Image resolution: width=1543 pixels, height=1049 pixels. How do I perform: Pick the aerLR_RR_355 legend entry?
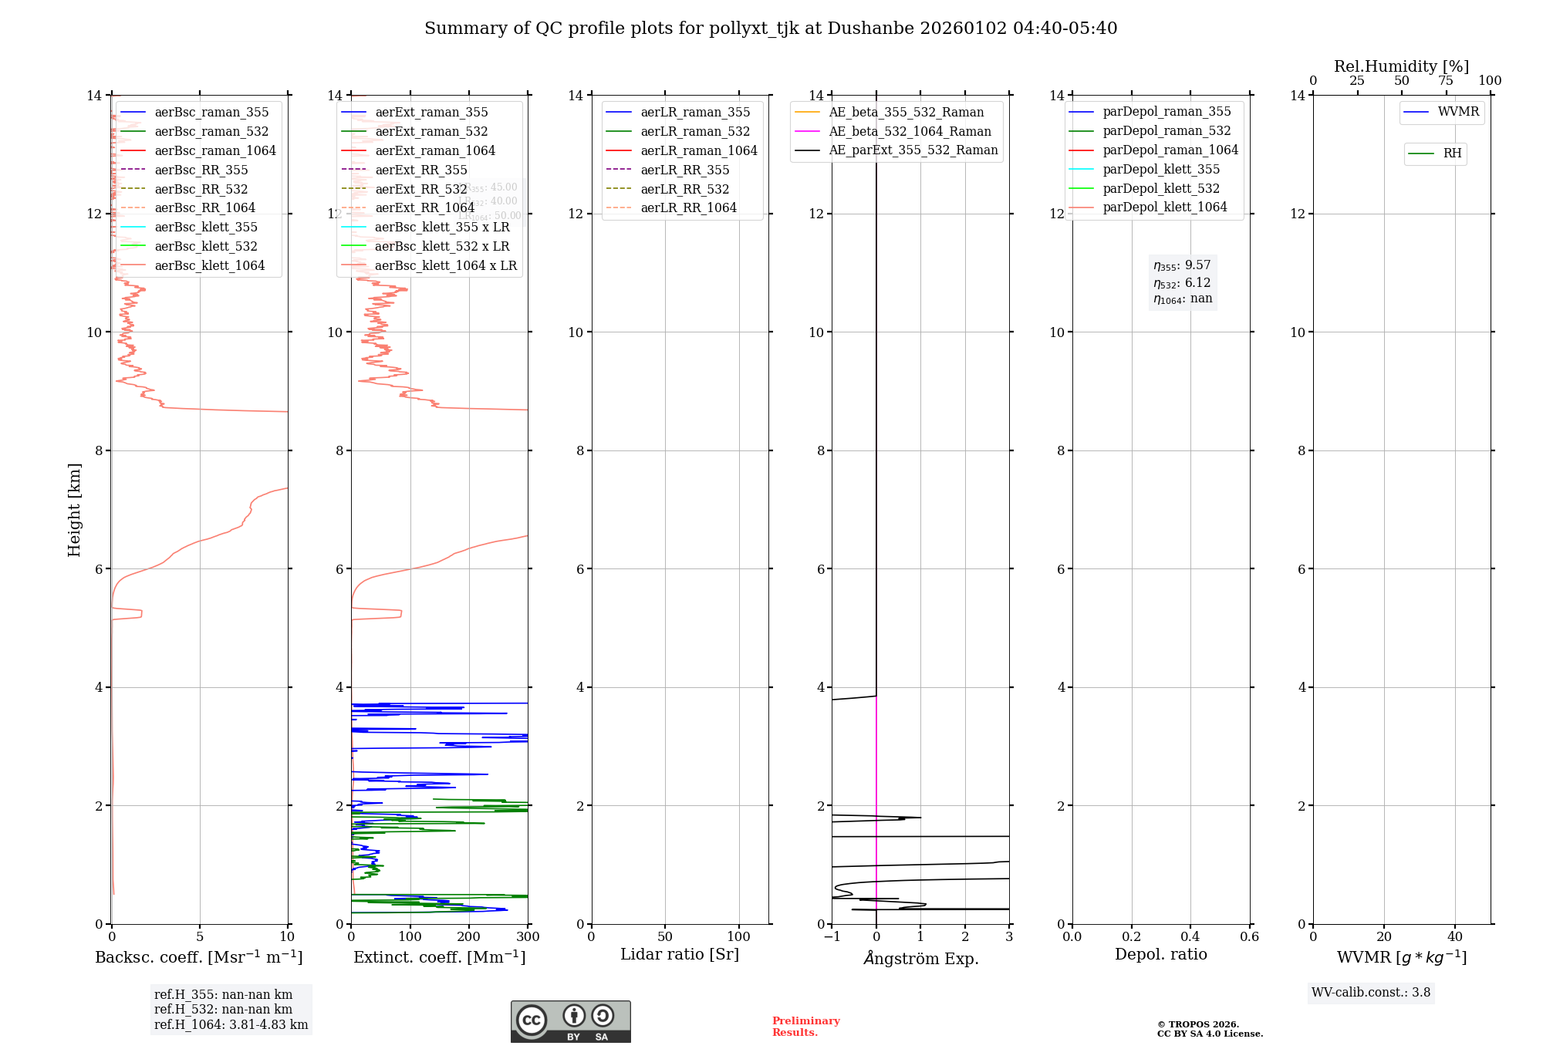(x=684, y=170)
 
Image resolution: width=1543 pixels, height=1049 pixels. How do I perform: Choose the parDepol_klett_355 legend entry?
(x=1161, y=169)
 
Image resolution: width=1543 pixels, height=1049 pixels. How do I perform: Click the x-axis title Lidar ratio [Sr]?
(x=679, y=954)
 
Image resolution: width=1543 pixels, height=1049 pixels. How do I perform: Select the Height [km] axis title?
(x=74, y=509)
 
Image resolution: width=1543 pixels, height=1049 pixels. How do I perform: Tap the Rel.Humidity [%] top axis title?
(x=1401, y=66)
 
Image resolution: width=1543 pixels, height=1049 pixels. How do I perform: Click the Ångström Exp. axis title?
(x=920, y=958)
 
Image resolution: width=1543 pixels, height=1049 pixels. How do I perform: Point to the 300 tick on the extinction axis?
(x=528, y=937)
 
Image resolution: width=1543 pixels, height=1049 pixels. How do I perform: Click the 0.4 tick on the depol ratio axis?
(x=1190, y=937)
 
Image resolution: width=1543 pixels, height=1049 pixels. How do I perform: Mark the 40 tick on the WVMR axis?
(x=1454, y=937)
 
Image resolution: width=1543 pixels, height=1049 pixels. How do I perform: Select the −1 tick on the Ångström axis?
(x=831, y=937)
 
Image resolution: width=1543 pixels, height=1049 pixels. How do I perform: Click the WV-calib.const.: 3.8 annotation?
(x=1370, y=993)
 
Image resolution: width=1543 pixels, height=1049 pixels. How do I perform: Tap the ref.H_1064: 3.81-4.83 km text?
(x=231, y=1025)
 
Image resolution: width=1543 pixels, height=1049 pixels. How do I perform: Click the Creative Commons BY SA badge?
(x=570, y=1021)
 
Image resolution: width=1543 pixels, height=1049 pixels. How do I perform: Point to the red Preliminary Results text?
(x=805, y=1027)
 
